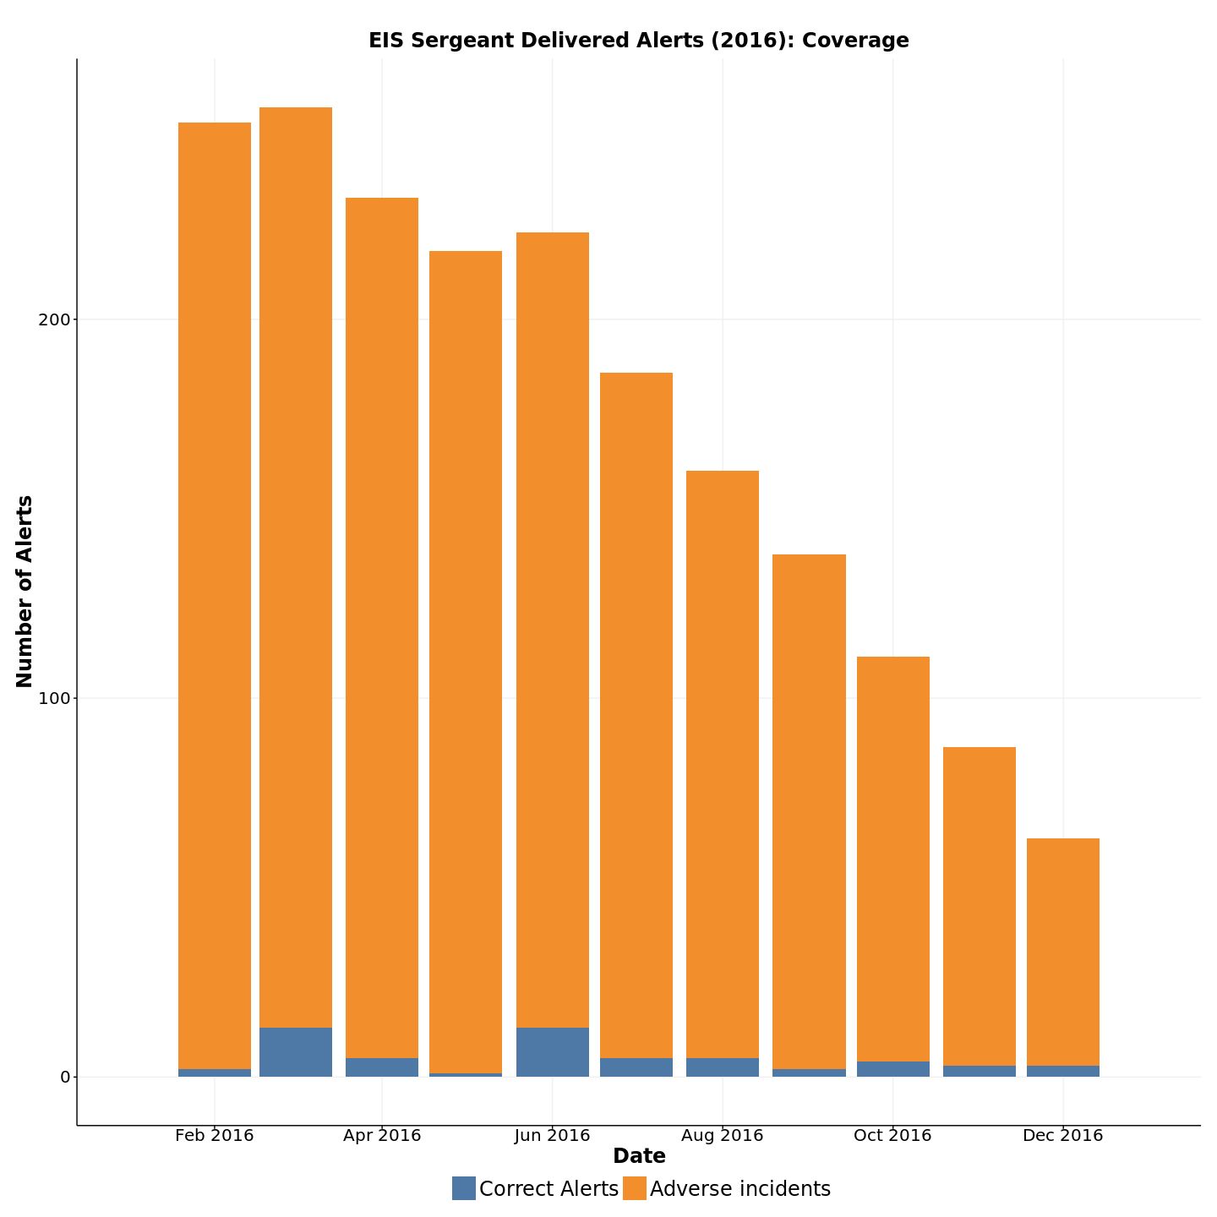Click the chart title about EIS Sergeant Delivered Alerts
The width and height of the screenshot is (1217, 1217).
638,41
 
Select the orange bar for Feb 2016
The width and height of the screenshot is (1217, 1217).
215,592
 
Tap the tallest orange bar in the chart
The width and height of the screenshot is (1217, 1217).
296,566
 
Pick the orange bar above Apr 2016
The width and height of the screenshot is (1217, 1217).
382,625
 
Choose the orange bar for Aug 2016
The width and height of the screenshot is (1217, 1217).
723,761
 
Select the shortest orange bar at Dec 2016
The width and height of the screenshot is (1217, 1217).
1063,951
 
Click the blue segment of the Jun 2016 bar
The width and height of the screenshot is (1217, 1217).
553,1052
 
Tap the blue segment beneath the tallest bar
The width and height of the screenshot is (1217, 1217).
296,1052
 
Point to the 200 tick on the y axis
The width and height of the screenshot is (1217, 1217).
52,319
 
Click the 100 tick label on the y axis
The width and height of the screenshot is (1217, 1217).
52,698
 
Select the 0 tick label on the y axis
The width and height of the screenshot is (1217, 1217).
64,1077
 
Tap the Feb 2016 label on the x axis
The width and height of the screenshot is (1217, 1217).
215,1135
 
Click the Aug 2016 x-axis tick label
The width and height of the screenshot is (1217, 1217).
723,1135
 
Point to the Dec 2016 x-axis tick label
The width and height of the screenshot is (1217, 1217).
1063,1135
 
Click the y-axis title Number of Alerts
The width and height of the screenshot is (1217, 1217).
25,592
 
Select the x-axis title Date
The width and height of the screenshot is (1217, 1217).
639,1156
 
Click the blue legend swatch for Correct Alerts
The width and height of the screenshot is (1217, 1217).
464,1188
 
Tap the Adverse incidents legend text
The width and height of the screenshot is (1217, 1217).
740,1189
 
